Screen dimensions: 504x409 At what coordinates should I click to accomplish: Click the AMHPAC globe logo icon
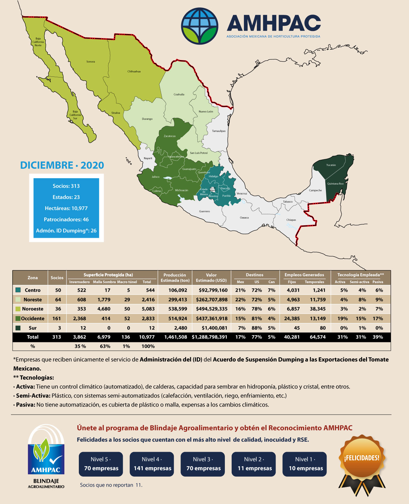tap(199, 26)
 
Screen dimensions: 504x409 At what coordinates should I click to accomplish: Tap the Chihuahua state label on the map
tap(134, 71)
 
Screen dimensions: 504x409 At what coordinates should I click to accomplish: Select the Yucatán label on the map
tap(331, 165)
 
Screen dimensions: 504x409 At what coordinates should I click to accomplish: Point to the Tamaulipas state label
tap(219, 131)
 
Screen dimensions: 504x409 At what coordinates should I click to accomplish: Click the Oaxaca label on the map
tap(244, 217)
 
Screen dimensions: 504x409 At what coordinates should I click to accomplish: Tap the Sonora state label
tap(90, 62)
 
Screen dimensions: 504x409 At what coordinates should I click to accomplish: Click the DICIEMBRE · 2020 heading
tap(62, 165)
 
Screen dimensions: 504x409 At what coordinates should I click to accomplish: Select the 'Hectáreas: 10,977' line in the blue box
tap(66, 208)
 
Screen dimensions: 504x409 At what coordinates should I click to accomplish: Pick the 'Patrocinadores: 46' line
tap(66, 219)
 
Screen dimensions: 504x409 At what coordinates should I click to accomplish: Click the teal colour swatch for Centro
tap(18, 290)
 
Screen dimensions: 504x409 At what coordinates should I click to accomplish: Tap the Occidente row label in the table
tap(33, 318)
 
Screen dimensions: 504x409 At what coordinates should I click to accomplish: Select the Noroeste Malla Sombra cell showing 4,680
tap(104, 309)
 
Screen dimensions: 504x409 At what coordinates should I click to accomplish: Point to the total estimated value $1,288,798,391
tap(210, 337)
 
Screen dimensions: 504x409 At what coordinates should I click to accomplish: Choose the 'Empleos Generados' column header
tap(304, 275)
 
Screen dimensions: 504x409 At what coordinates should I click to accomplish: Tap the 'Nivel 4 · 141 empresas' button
tap(152, 464)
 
